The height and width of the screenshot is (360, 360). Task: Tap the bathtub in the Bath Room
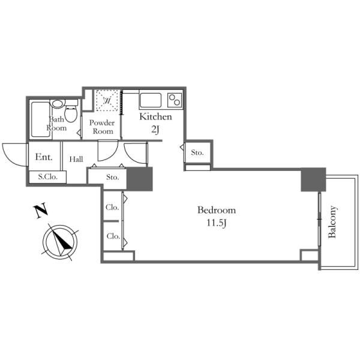(x=40, y=119)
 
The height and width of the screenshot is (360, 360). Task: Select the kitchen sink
(x=151, y=100)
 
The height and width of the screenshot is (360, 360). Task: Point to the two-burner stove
(x=175, y=100)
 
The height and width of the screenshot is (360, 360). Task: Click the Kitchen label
(x=155, y=116)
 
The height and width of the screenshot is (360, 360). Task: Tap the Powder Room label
(x=102, y=127)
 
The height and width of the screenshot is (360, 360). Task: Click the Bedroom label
(x=217, y=210)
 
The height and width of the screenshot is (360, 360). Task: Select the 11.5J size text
(x=217, y=223)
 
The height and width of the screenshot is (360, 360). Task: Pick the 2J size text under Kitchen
(x=155, y=130)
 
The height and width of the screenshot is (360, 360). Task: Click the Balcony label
(x=332, y=222)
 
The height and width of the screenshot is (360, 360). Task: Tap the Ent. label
(x=44, y=157)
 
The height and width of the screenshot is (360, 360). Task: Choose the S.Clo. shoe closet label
(x=48, y=176)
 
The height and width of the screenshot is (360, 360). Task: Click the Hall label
(x=76, y=159)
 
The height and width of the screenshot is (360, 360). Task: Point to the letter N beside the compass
(x=41, y=211)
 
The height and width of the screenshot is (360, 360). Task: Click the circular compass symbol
(x=60, y=242)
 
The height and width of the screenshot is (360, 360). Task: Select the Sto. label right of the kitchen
(x=197, y=152)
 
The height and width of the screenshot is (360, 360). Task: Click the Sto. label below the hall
(x=113, y=177)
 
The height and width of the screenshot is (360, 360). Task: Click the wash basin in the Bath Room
(x=58, y=104)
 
